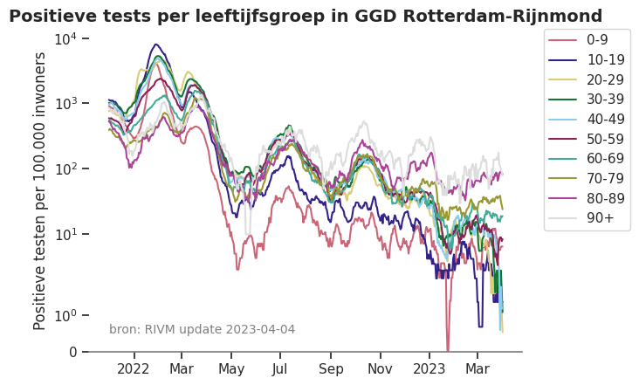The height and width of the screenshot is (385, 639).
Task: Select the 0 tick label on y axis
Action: click(x=72, y=352)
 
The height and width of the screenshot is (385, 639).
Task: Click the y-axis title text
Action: click(x=40, y=190)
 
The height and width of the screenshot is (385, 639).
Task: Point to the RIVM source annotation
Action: click(x=202, y=329)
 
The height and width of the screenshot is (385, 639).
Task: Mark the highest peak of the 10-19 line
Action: click(x=156, y=45)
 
